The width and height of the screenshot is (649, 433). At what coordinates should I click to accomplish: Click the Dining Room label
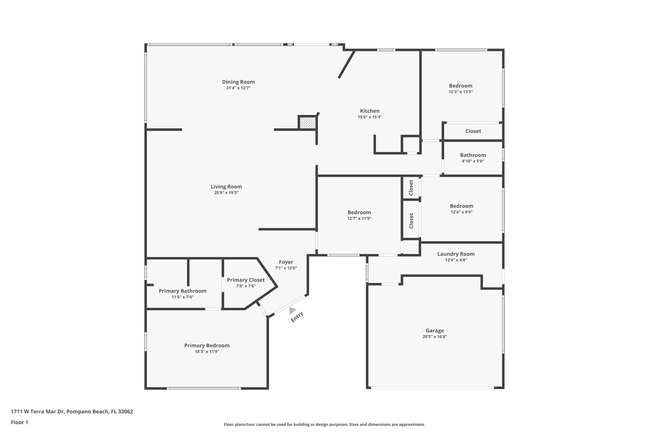(238, 82)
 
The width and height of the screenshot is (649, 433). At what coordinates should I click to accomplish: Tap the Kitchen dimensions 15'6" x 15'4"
(369, 117)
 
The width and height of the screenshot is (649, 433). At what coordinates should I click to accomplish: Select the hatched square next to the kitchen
(308, 123)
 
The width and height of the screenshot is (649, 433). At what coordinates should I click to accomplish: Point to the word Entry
(297, 317)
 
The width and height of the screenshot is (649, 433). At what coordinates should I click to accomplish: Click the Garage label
(435, 331)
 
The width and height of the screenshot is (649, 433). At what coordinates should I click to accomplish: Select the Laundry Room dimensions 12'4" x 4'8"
(456, 260)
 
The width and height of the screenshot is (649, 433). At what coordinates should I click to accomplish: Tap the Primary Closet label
(246, 280)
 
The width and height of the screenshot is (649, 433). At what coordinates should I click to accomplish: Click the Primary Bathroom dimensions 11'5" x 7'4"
(182, 297)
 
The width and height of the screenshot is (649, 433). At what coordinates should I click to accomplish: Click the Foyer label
(286, 262)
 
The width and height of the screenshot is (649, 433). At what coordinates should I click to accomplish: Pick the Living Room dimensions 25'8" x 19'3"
(226, 193)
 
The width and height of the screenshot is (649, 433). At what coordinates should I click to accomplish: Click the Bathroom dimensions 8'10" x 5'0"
(473, 161)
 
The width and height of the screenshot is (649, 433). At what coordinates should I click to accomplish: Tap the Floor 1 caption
(19, 422)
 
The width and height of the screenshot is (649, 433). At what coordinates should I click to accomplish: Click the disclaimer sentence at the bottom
(324, 424)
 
